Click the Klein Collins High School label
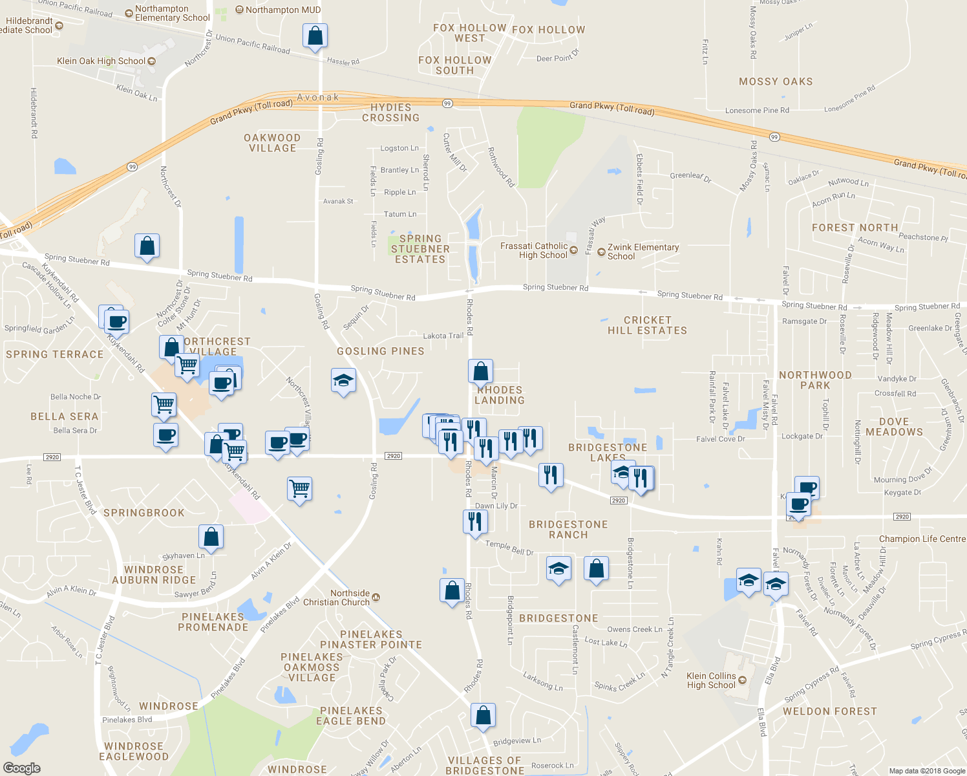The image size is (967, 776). [711, 680]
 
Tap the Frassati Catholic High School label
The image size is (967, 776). [534, 251]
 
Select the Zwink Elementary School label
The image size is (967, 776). [643, 252]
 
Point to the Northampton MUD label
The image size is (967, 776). [282, 10]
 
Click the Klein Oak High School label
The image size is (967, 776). [101, 61]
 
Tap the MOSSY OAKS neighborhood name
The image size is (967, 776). [776, 81]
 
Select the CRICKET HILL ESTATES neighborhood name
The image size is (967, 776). [647, 325]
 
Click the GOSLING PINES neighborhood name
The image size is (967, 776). [381, 351]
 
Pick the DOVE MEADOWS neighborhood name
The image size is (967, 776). [894, 427]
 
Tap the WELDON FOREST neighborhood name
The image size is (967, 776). [830, 711]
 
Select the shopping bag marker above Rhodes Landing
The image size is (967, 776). [480, 372]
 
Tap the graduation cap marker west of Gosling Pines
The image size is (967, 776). [343, 381]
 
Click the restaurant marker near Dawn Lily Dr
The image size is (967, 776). [475, 521]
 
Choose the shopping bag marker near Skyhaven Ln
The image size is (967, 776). [211, 537]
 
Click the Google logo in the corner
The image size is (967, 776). [21, 768]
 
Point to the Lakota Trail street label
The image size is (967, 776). [443, 336]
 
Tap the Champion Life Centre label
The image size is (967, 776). [922, 539]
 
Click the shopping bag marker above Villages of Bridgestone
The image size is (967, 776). [483, 716]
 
